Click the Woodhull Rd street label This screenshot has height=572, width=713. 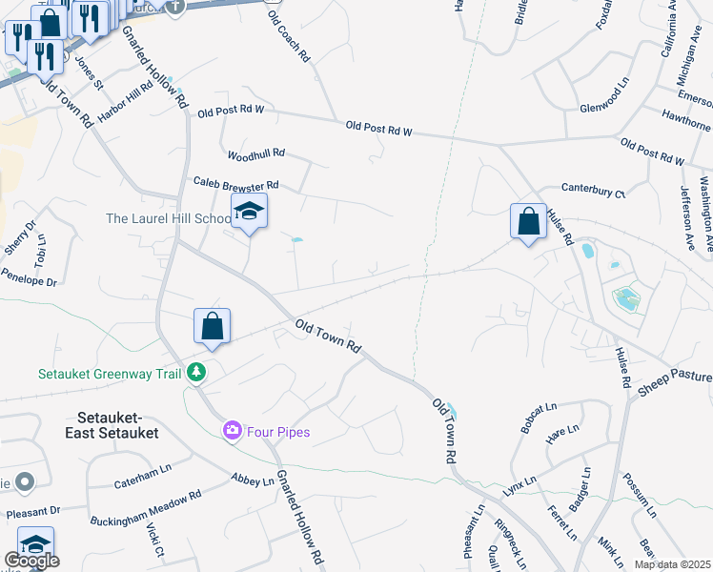(x=255, y=153)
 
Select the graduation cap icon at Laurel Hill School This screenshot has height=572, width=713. (x=249, y=212)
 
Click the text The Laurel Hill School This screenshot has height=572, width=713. (x=167, y=218)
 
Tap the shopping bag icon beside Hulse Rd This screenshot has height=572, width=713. (x=528, y=222)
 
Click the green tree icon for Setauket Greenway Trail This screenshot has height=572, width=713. (x=196, y=372)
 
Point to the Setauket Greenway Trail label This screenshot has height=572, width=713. (x=110, y=374)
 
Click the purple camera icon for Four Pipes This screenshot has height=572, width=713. (x=232, y=432)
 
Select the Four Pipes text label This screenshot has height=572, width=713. (x=278, y=432)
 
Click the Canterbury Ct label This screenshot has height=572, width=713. (x=593, y=191)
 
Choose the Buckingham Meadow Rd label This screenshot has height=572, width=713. (x=146, y=508)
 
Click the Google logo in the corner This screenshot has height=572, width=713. (x=31, y=561)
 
